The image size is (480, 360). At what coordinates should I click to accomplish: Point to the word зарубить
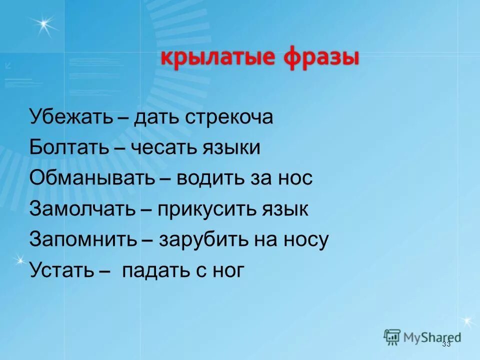204,239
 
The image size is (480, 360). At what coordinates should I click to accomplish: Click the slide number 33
446,344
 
